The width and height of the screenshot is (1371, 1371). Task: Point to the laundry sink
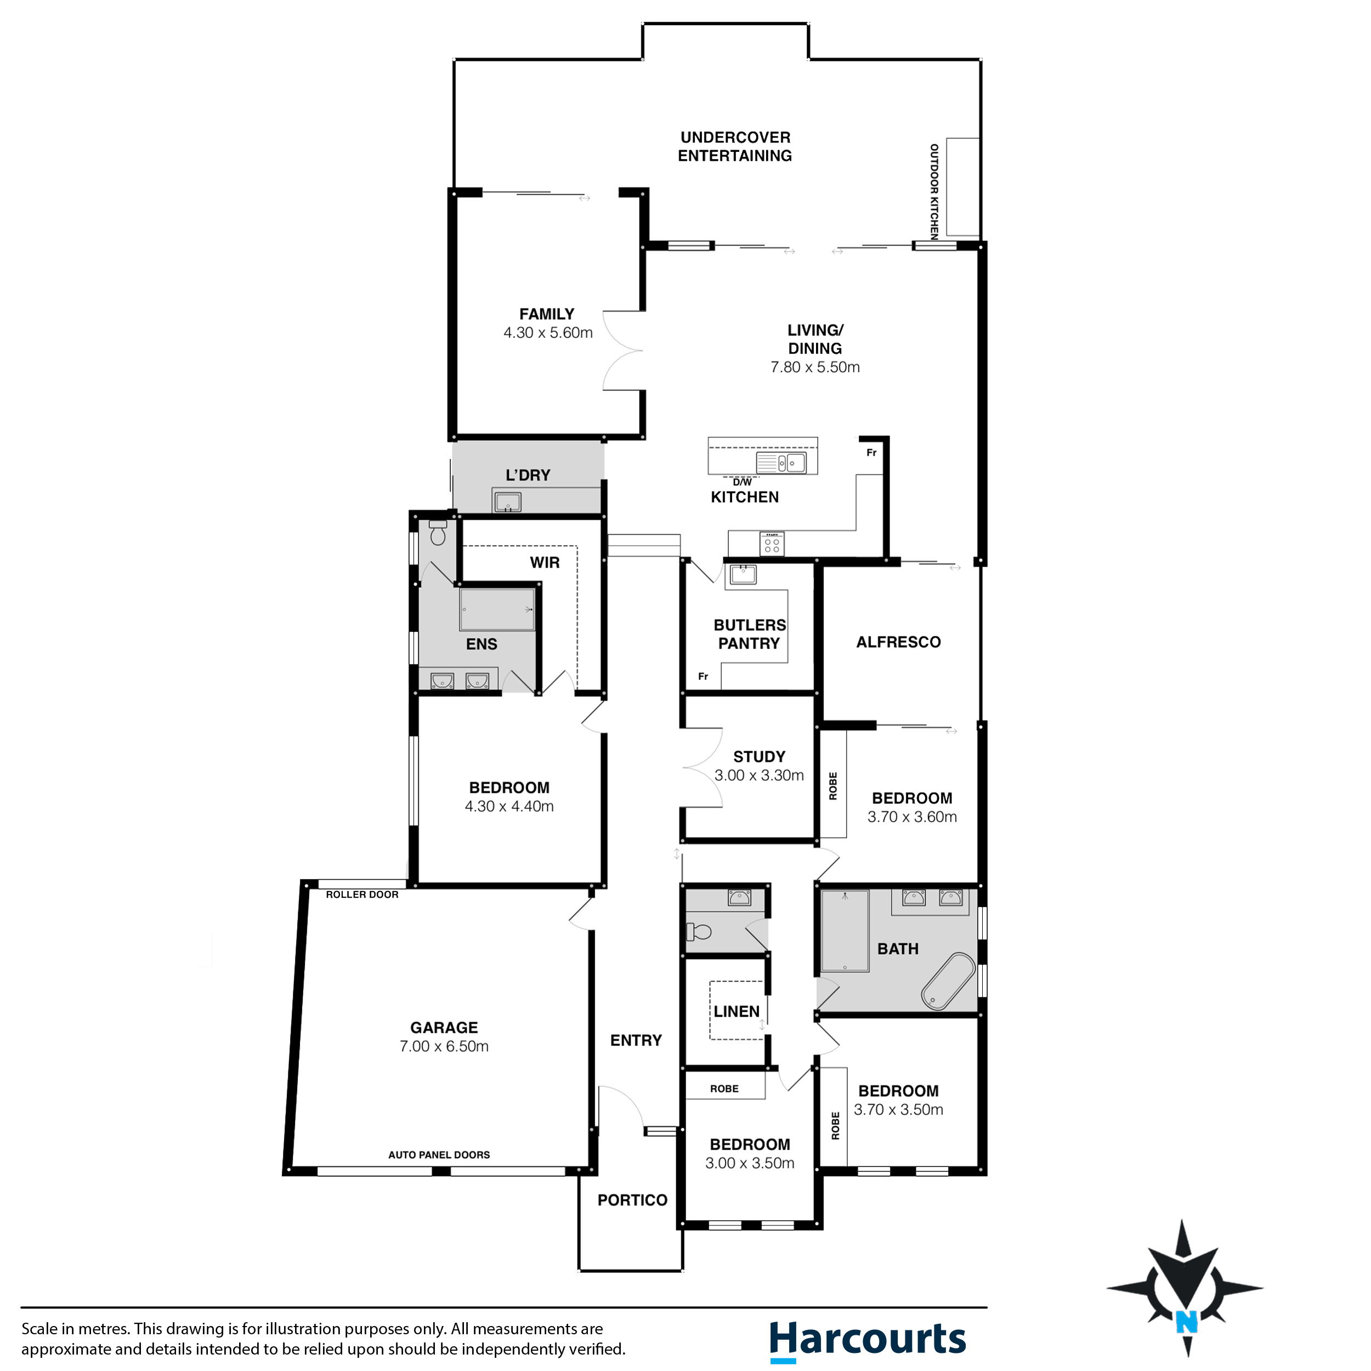pyautogui.click(x=507, y=502)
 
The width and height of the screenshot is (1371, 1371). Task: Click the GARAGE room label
pyautogui.click(x=444, y=1028)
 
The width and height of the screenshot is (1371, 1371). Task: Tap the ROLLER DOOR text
pyautogui.click(x=362, y=895)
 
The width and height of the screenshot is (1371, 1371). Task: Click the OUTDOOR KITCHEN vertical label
pyautogui.click(x=934, y=191)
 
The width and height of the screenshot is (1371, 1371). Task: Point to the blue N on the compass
pyautogui.click(x=1187, y=1321)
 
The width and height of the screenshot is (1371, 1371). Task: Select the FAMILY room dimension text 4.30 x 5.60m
pyautogui.click(x=548, y=333)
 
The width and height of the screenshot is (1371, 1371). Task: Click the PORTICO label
pyautogui.click(x=632, y=1200)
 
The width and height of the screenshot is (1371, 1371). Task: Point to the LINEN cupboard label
pyautogui.click(x=737, y=1011)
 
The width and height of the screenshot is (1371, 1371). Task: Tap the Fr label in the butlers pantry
pyautogui.click(x=703, y=676)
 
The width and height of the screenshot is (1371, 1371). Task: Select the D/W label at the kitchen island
pyautogui.click(x=743, y=483)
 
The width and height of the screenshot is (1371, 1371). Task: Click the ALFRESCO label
pyautogui.click(x=898, y=642)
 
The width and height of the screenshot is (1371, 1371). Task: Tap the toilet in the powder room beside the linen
pyautogui.click(x=700, y=931)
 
